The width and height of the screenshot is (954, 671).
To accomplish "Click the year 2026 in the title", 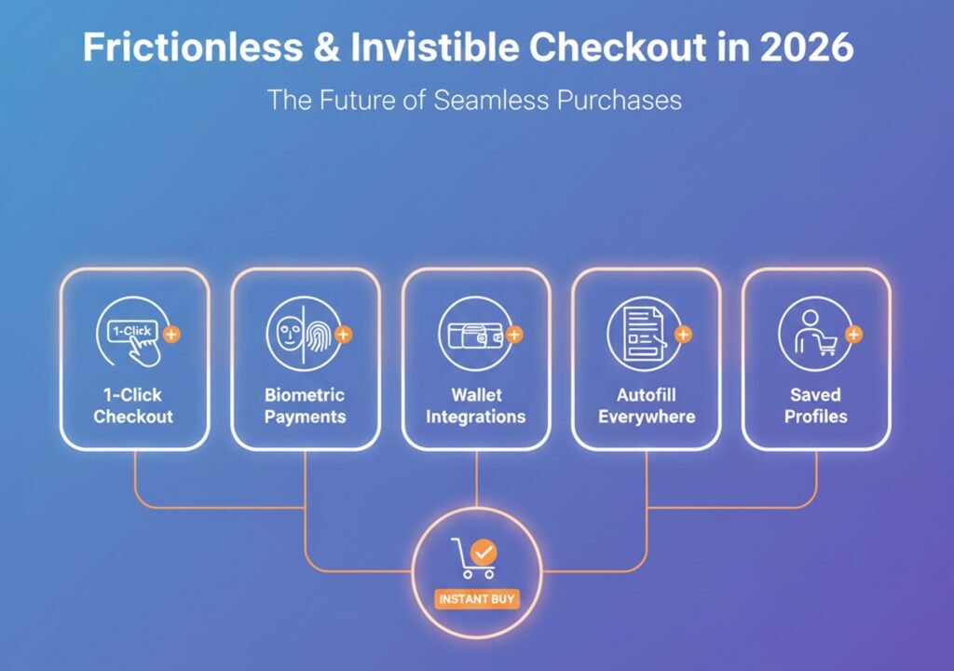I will pos(807,48).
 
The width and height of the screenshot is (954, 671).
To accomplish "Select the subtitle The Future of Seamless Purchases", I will pos(474,99).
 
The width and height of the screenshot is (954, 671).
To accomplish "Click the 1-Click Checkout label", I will pos(133,405).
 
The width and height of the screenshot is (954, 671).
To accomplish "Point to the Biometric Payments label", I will pos(305,405).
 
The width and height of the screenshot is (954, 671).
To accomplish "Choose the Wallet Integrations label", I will pos(476,405).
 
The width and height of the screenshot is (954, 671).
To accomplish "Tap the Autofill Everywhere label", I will pos(647,405).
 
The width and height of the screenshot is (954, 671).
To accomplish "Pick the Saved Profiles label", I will pos(816,405).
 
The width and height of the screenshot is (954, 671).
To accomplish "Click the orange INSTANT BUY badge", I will pos(476,598).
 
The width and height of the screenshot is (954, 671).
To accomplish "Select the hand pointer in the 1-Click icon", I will pos(143,349).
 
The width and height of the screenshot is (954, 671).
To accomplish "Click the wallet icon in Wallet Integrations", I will pos(472,335).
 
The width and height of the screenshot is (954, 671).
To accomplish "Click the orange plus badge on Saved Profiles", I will pos(853,334).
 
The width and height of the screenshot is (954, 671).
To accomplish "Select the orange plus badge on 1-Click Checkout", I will pos(170,333).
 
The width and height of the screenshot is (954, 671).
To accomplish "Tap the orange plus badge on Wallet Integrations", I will pos(514,334).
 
